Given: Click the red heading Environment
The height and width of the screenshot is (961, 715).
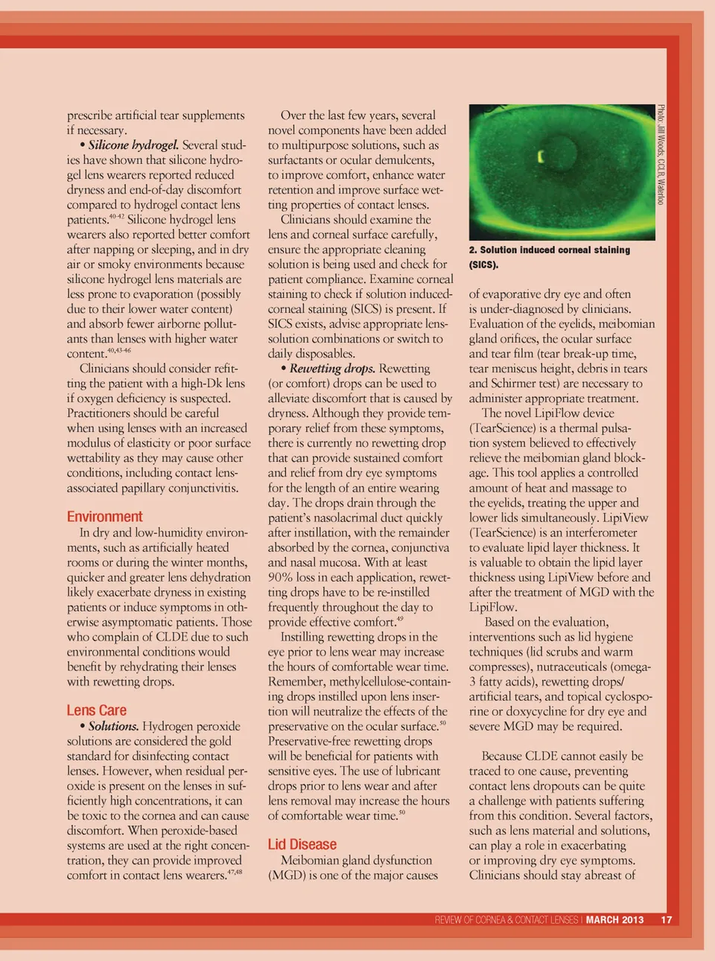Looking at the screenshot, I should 104,517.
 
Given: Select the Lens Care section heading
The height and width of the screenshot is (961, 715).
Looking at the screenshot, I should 97,711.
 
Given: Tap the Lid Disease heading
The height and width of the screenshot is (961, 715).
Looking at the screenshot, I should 302,845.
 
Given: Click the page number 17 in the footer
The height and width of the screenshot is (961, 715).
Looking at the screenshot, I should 666,920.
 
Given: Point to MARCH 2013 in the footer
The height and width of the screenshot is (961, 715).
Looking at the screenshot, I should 614,920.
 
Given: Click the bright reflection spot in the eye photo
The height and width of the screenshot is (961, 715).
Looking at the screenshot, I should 541,156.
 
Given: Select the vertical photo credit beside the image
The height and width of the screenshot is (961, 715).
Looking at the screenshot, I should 661,155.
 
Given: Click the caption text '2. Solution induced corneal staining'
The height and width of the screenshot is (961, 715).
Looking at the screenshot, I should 550,250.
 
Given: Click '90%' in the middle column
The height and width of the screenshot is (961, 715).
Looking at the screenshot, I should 280,577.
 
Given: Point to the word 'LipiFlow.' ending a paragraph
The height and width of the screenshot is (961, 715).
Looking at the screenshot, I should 493,607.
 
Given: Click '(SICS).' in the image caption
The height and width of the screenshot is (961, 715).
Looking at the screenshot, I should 483,265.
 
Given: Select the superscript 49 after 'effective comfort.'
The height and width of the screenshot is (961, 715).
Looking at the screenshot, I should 400,619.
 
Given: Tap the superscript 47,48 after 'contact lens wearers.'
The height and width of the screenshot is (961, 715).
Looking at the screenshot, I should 235,872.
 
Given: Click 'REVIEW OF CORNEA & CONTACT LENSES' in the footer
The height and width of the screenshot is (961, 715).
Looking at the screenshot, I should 506,920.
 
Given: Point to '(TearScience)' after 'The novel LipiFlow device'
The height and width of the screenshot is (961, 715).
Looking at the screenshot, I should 503,428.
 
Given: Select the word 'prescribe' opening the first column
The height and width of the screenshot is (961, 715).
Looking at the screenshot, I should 89,115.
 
